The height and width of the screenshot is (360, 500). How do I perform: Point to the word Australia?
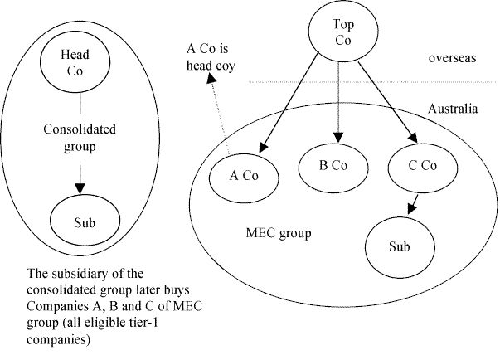tap(454, 109)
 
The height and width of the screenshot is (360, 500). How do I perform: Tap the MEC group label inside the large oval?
tap(279, 233)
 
